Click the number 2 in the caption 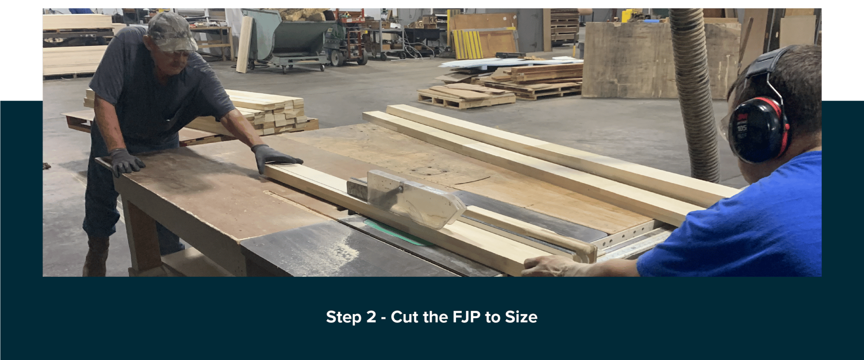(x=371, y=317)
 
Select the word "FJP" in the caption (x=467, y=317)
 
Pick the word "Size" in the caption (x=521, y=317)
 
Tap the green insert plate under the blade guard (x=397, y=234)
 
